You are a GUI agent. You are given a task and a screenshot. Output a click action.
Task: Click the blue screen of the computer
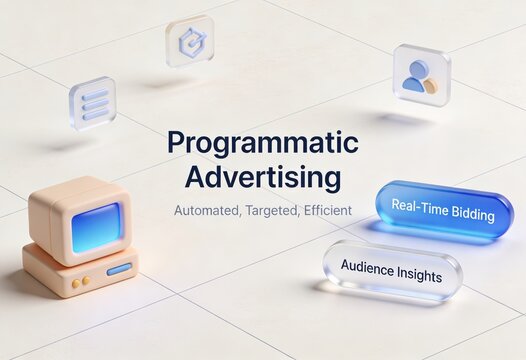click(x=96, y=227)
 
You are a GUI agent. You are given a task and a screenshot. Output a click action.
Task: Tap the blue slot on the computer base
click(x=119, y=270)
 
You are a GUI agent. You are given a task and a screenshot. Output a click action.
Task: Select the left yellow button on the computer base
click(x=74, y=283)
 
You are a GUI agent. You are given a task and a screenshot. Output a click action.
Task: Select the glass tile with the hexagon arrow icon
click(x=189, y=41)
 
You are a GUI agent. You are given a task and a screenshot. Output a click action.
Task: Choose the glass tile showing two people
click(x=421, y=74)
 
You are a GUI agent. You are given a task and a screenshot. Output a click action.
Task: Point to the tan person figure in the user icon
click(x=431, y=85)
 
